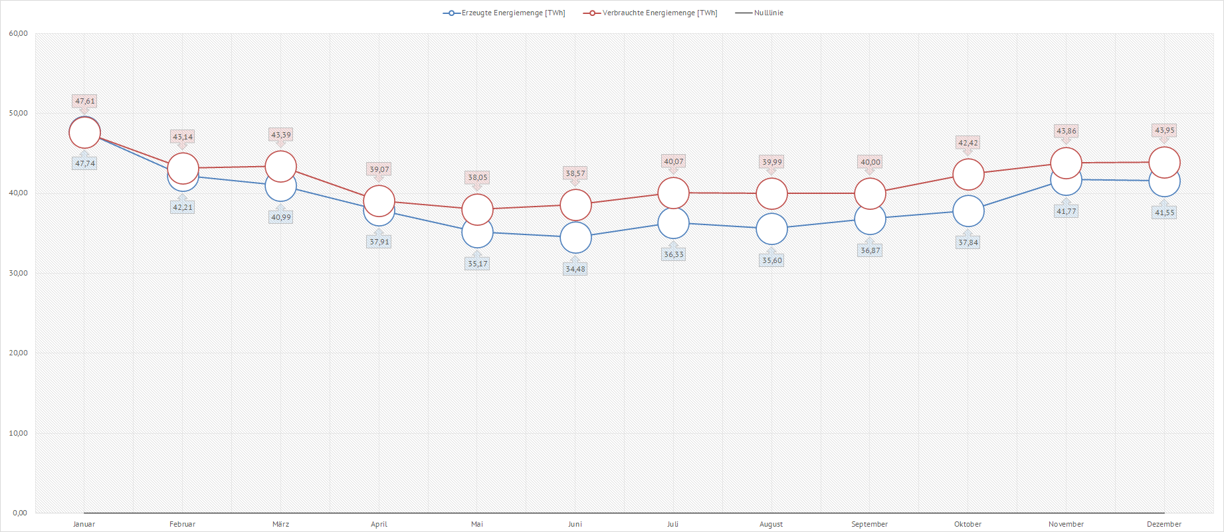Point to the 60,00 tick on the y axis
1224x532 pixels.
(19, 34)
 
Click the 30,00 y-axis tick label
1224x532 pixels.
(19, 273)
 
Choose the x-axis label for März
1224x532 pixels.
(280, 524)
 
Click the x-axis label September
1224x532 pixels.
(869, 524)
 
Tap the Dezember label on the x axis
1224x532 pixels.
(1164, 524)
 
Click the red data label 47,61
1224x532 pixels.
(84, 101)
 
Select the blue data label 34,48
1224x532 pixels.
(575, 269)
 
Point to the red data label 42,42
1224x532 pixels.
(968, 143)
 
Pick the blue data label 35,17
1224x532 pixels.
(477, 264)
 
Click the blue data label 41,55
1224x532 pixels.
(1164, 213)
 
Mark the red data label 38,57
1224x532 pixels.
(575, 173)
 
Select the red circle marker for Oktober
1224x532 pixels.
(968, 174)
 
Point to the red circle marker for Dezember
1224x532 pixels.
(1164, 162)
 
